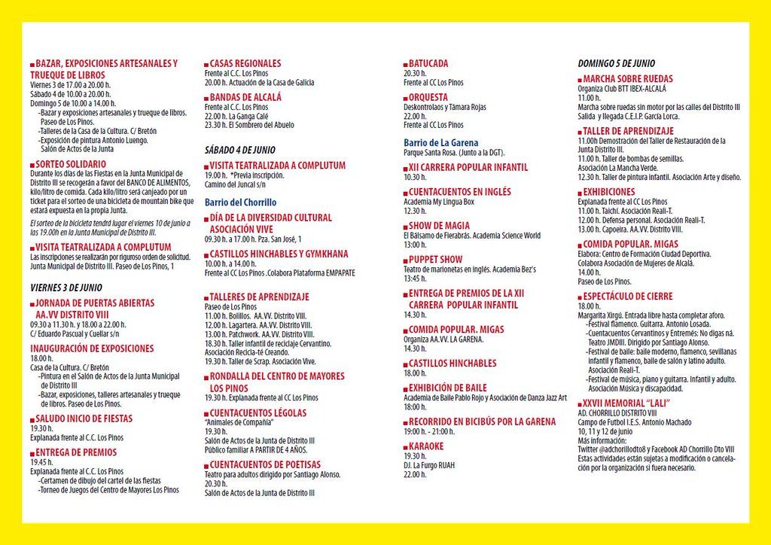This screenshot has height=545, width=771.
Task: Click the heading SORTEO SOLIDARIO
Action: [x=71, y=163]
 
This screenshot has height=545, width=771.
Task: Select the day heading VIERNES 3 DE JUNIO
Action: [x=66, y=288]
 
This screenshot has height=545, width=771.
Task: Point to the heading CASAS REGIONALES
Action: [x=245, y=63]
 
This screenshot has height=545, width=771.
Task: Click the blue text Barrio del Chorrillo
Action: [x=240, y=202]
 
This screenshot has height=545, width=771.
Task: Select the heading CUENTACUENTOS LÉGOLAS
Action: [x=258, y=413]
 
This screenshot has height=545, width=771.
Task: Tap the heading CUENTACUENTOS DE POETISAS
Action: [x=265, y=464]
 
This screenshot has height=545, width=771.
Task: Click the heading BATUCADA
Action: [x=428, y=63]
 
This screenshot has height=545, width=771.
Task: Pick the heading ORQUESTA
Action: [x=428, y=97]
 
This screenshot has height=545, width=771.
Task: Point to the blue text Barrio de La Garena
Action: [x=440, y=142]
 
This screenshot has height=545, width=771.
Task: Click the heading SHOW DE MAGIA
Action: [x=439, y=225]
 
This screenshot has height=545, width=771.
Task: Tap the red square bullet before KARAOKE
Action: [x=406, y=446]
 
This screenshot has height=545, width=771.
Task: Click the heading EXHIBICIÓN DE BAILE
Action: [x=448, y=388]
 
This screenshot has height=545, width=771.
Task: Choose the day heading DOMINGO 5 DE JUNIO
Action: [x=616, y=63]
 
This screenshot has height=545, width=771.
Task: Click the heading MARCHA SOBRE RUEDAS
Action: [x=628, y=78]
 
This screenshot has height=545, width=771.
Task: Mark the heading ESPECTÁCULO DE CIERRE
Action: [x=628, y=297]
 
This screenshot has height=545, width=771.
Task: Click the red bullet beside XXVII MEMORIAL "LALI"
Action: [x=580, y=403]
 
